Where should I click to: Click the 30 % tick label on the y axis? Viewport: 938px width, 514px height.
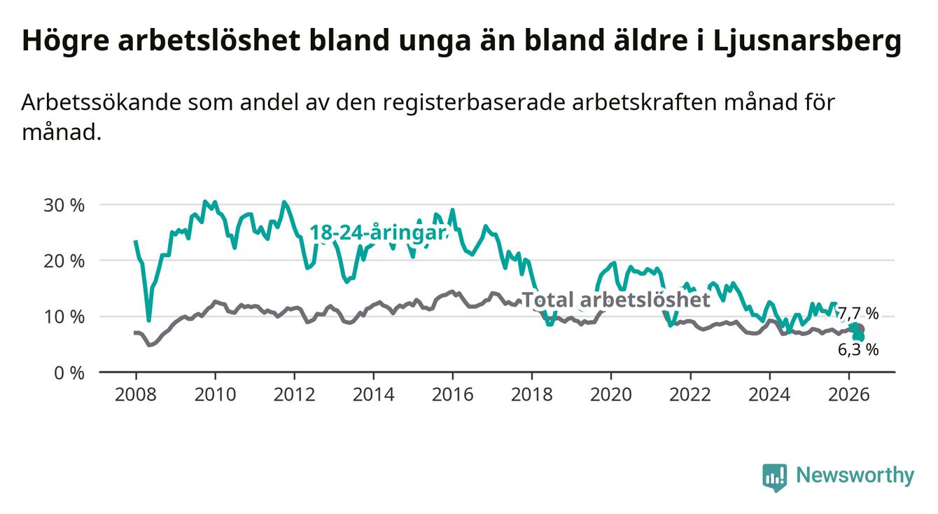pos(64,205)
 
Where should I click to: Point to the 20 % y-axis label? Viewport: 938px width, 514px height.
pos(64,261)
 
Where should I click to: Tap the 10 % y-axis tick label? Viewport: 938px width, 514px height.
pos(64,317)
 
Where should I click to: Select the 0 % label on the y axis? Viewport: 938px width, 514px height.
pos(69,373)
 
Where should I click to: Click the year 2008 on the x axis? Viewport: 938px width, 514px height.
pos(135,395)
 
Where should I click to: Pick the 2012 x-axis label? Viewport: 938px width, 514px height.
pos(294,395)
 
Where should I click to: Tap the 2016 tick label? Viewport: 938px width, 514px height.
pos(452,395)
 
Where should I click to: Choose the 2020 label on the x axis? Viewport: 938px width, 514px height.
pos(611,395)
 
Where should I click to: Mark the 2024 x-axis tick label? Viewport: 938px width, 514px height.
pos(769,395)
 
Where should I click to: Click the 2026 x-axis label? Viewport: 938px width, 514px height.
pos(849,395)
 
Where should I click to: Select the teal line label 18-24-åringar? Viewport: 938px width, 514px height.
pos(378,232)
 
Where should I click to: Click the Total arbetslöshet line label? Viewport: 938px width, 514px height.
pos(617,300)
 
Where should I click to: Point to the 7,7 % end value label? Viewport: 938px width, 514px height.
pos(858,313)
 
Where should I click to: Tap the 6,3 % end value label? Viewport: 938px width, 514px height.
pos(858,349)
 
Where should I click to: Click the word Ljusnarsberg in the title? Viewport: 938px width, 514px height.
pos(807,41)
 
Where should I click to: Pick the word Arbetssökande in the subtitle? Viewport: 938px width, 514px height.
pos(101,103)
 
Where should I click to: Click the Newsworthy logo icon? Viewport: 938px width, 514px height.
pos(775,478)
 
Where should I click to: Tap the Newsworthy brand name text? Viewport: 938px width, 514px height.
pos(855,475)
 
